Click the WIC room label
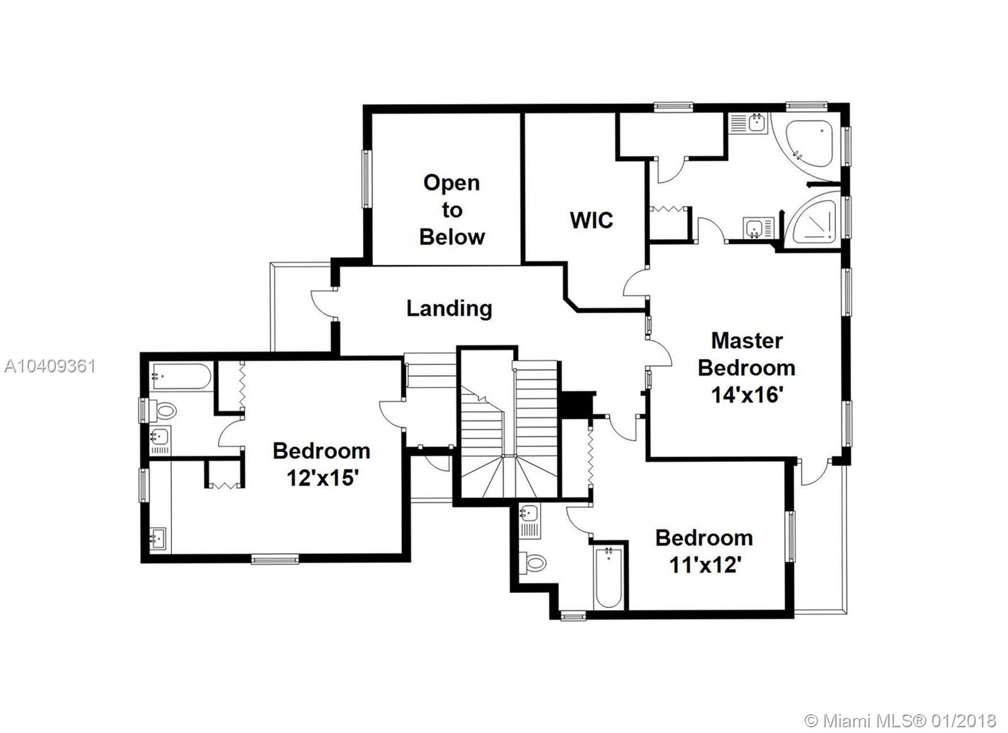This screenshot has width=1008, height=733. click(591, 220)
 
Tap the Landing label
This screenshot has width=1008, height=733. click(449, 308)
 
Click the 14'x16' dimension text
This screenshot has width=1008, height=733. click(747, 395)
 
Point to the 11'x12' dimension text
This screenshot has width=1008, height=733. click(704, 565)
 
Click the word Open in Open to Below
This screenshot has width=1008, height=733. click(452, 183)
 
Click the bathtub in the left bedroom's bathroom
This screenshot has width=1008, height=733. click(181, 377)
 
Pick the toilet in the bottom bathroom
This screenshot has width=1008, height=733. click(534, 562)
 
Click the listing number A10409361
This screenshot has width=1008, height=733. click(50, 366)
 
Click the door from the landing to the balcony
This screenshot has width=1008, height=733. click(323, 306)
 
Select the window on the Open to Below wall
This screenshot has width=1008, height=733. click(365, 179)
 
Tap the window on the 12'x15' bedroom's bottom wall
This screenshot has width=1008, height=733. click(275, 558)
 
